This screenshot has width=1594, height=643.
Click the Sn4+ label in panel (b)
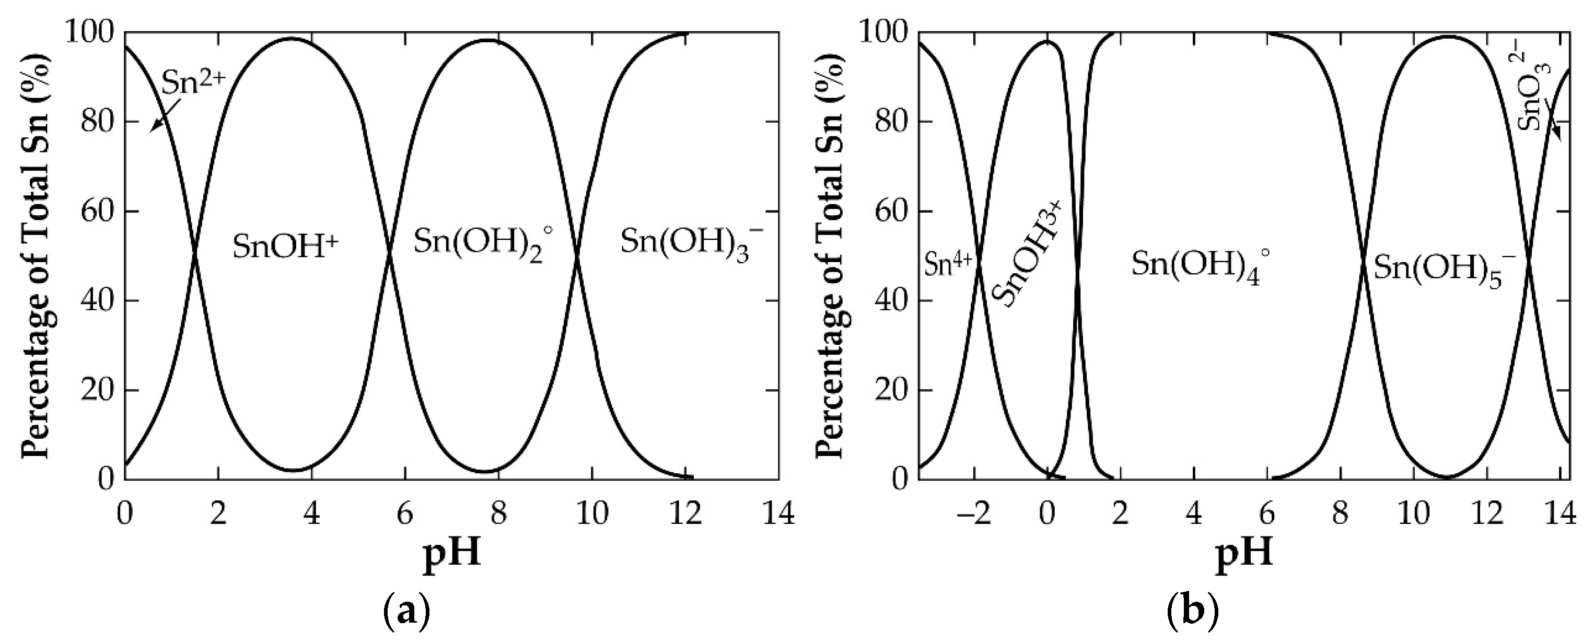(949, 265)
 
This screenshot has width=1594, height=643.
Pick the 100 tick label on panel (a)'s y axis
(89, 32)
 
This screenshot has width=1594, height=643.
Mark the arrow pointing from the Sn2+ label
(165, 117)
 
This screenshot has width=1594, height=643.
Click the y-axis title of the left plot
(37, 255)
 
